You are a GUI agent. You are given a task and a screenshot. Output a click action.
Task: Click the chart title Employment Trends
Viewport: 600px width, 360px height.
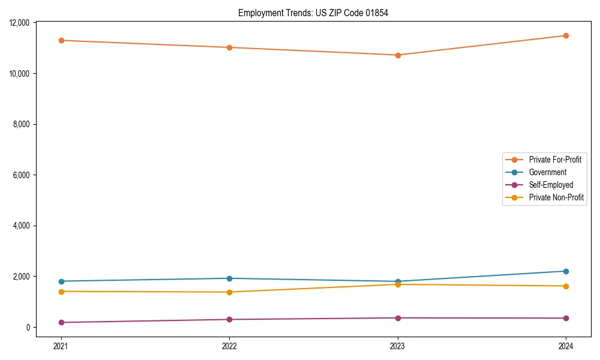point(313,13)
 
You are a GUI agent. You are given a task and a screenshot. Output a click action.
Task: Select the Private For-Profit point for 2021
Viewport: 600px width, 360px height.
point(61,40)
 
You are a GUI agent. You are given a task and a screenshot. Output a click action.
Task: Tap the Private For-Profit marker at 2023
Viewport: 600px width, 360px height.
point(398,55)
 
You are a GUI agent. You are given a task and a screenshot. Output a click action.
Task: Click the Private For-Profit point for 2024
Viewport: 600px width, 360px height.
point(566,35)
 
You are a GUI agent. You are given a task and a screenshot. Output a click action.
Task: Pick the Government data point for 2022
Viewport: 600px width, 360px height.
point(229,278)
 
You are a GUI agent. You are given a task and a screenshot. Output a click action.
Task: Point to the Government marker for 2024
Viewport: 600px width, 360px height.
point(566,271)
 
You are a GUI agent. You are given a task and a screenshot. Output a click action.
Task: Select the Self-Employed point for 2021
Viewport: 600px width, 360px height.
point(61,322)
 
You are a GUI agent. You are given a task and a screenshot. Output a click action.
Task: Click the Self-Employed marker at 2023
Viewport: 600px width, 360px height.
point(398,318)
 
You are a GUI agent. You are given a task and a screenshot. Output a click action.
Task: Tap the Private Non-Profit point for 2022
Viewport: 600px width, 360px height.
point(229,292)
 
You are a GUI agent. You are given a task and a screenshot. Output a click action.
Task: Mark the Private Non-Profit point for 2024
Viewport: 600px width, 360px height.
point(566,286)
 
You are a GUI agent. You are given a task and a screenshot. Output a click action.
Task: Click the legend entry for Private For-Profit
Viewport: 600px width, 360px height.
point(554,160)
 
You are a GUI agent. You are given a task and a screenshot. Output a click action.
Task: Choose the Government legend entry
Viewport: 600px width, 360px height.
point(547,172)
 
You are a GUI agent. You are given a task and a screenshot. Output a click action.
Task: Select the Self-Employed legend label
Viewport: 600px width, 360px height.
point(551,185)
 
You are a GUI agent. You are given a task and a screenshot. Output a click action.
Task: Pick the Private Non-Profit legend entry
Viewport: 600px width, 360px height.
point(556,197)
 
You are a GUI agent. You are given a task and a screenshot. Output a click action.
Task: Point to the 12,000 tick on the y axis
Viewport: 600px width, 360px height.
point(20,23)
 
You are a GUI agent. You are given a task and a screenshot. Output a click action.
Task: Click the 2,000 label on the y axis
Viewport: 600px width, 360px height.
point(22,277)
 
